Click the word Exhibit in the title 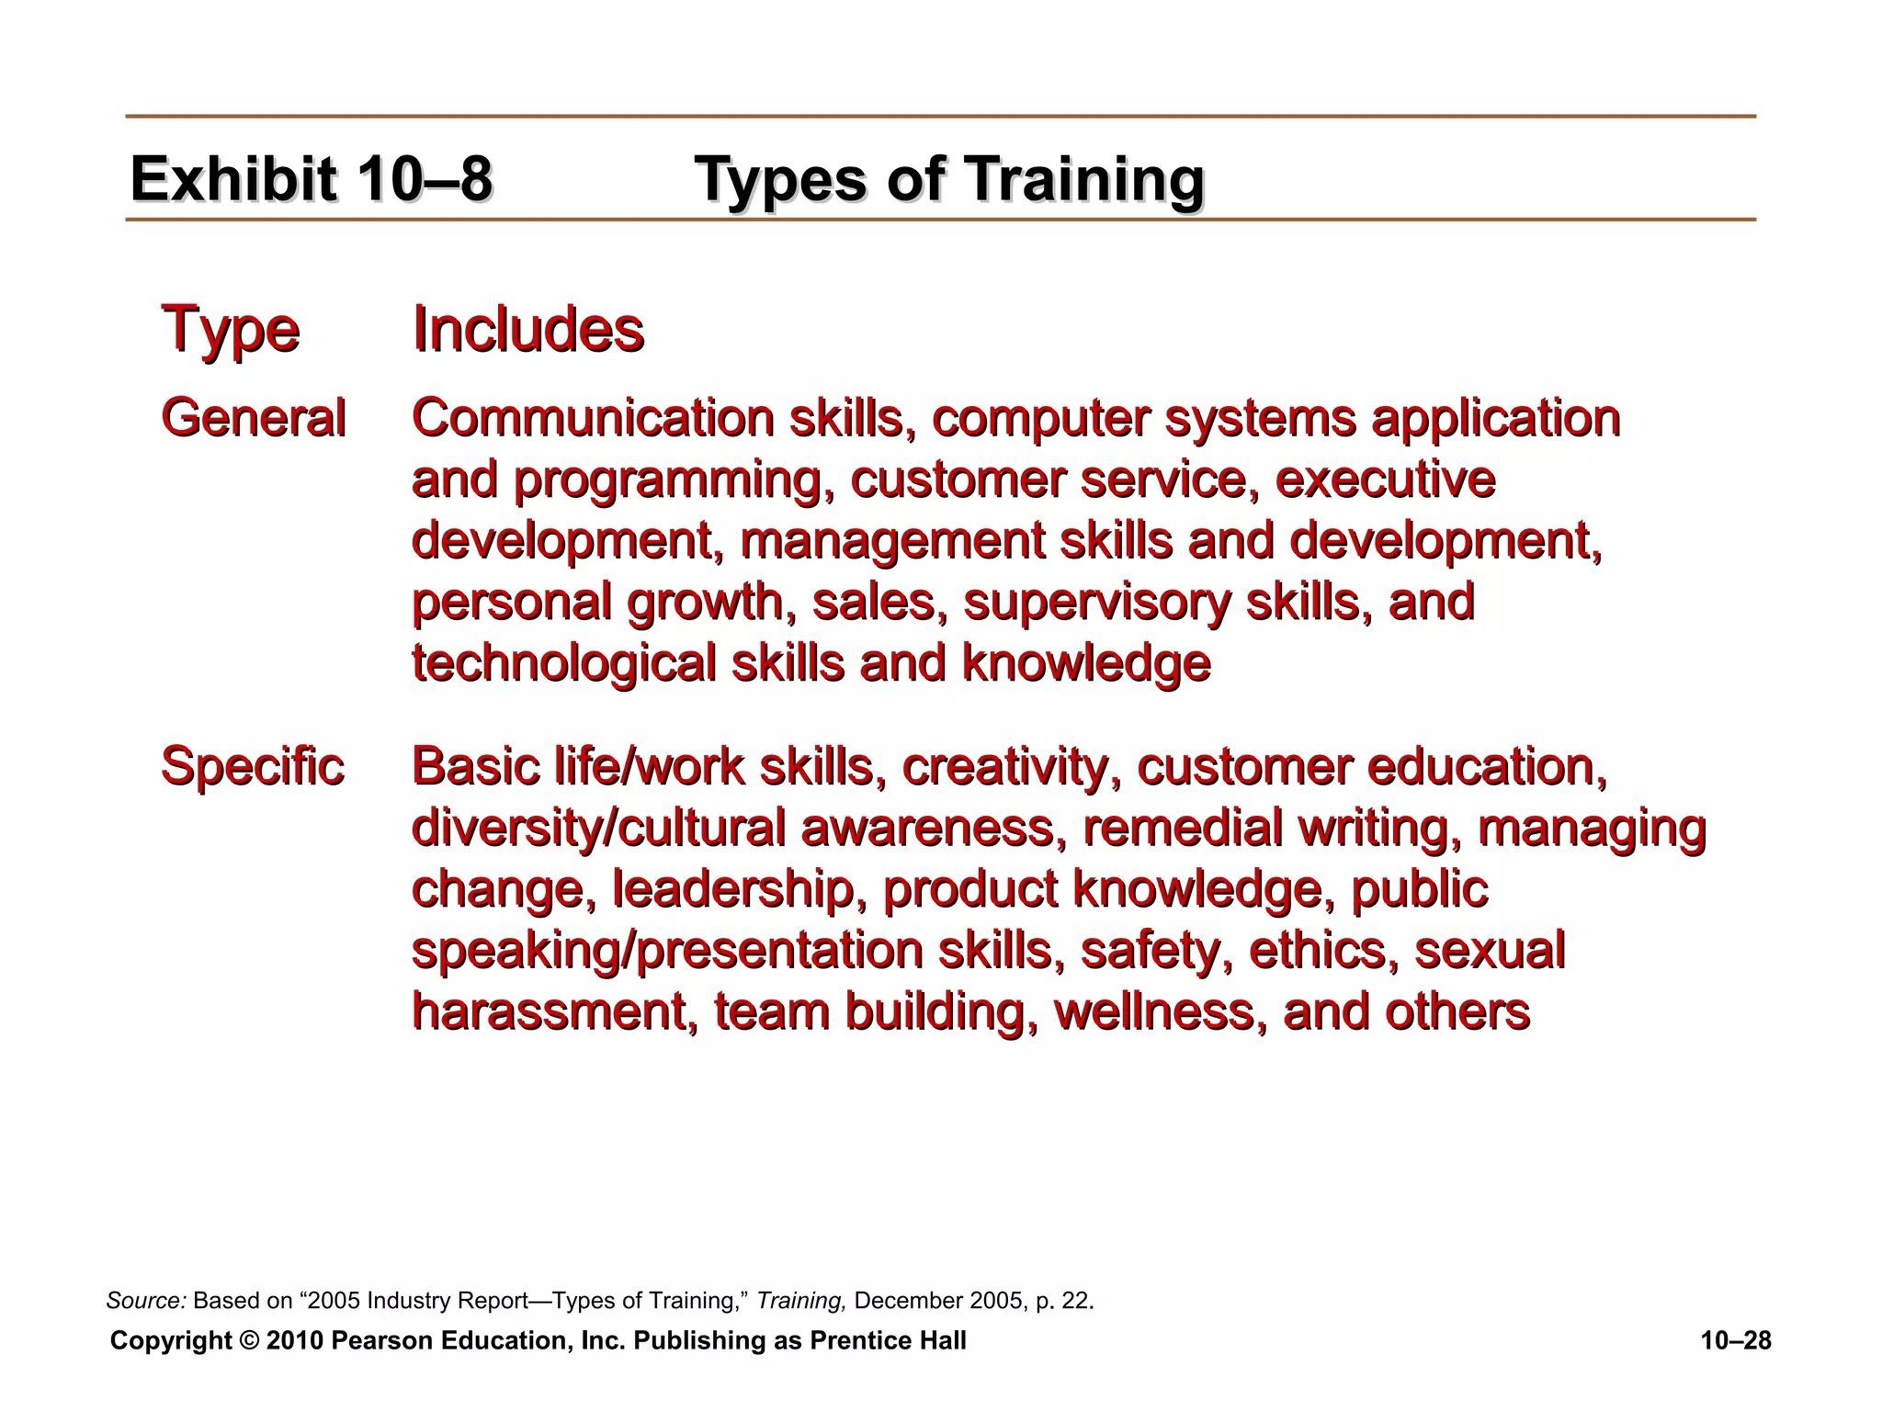(x=233, y=178)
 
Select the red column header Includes (x=527, y=329)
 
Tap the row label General (x=253, y=418)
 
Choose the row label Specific (x=252, y=766)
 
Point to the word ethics (x=1324, y=950)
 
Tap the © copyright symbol (x=249, y=1341)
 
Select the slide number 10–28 (x=1736, y=1341)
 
